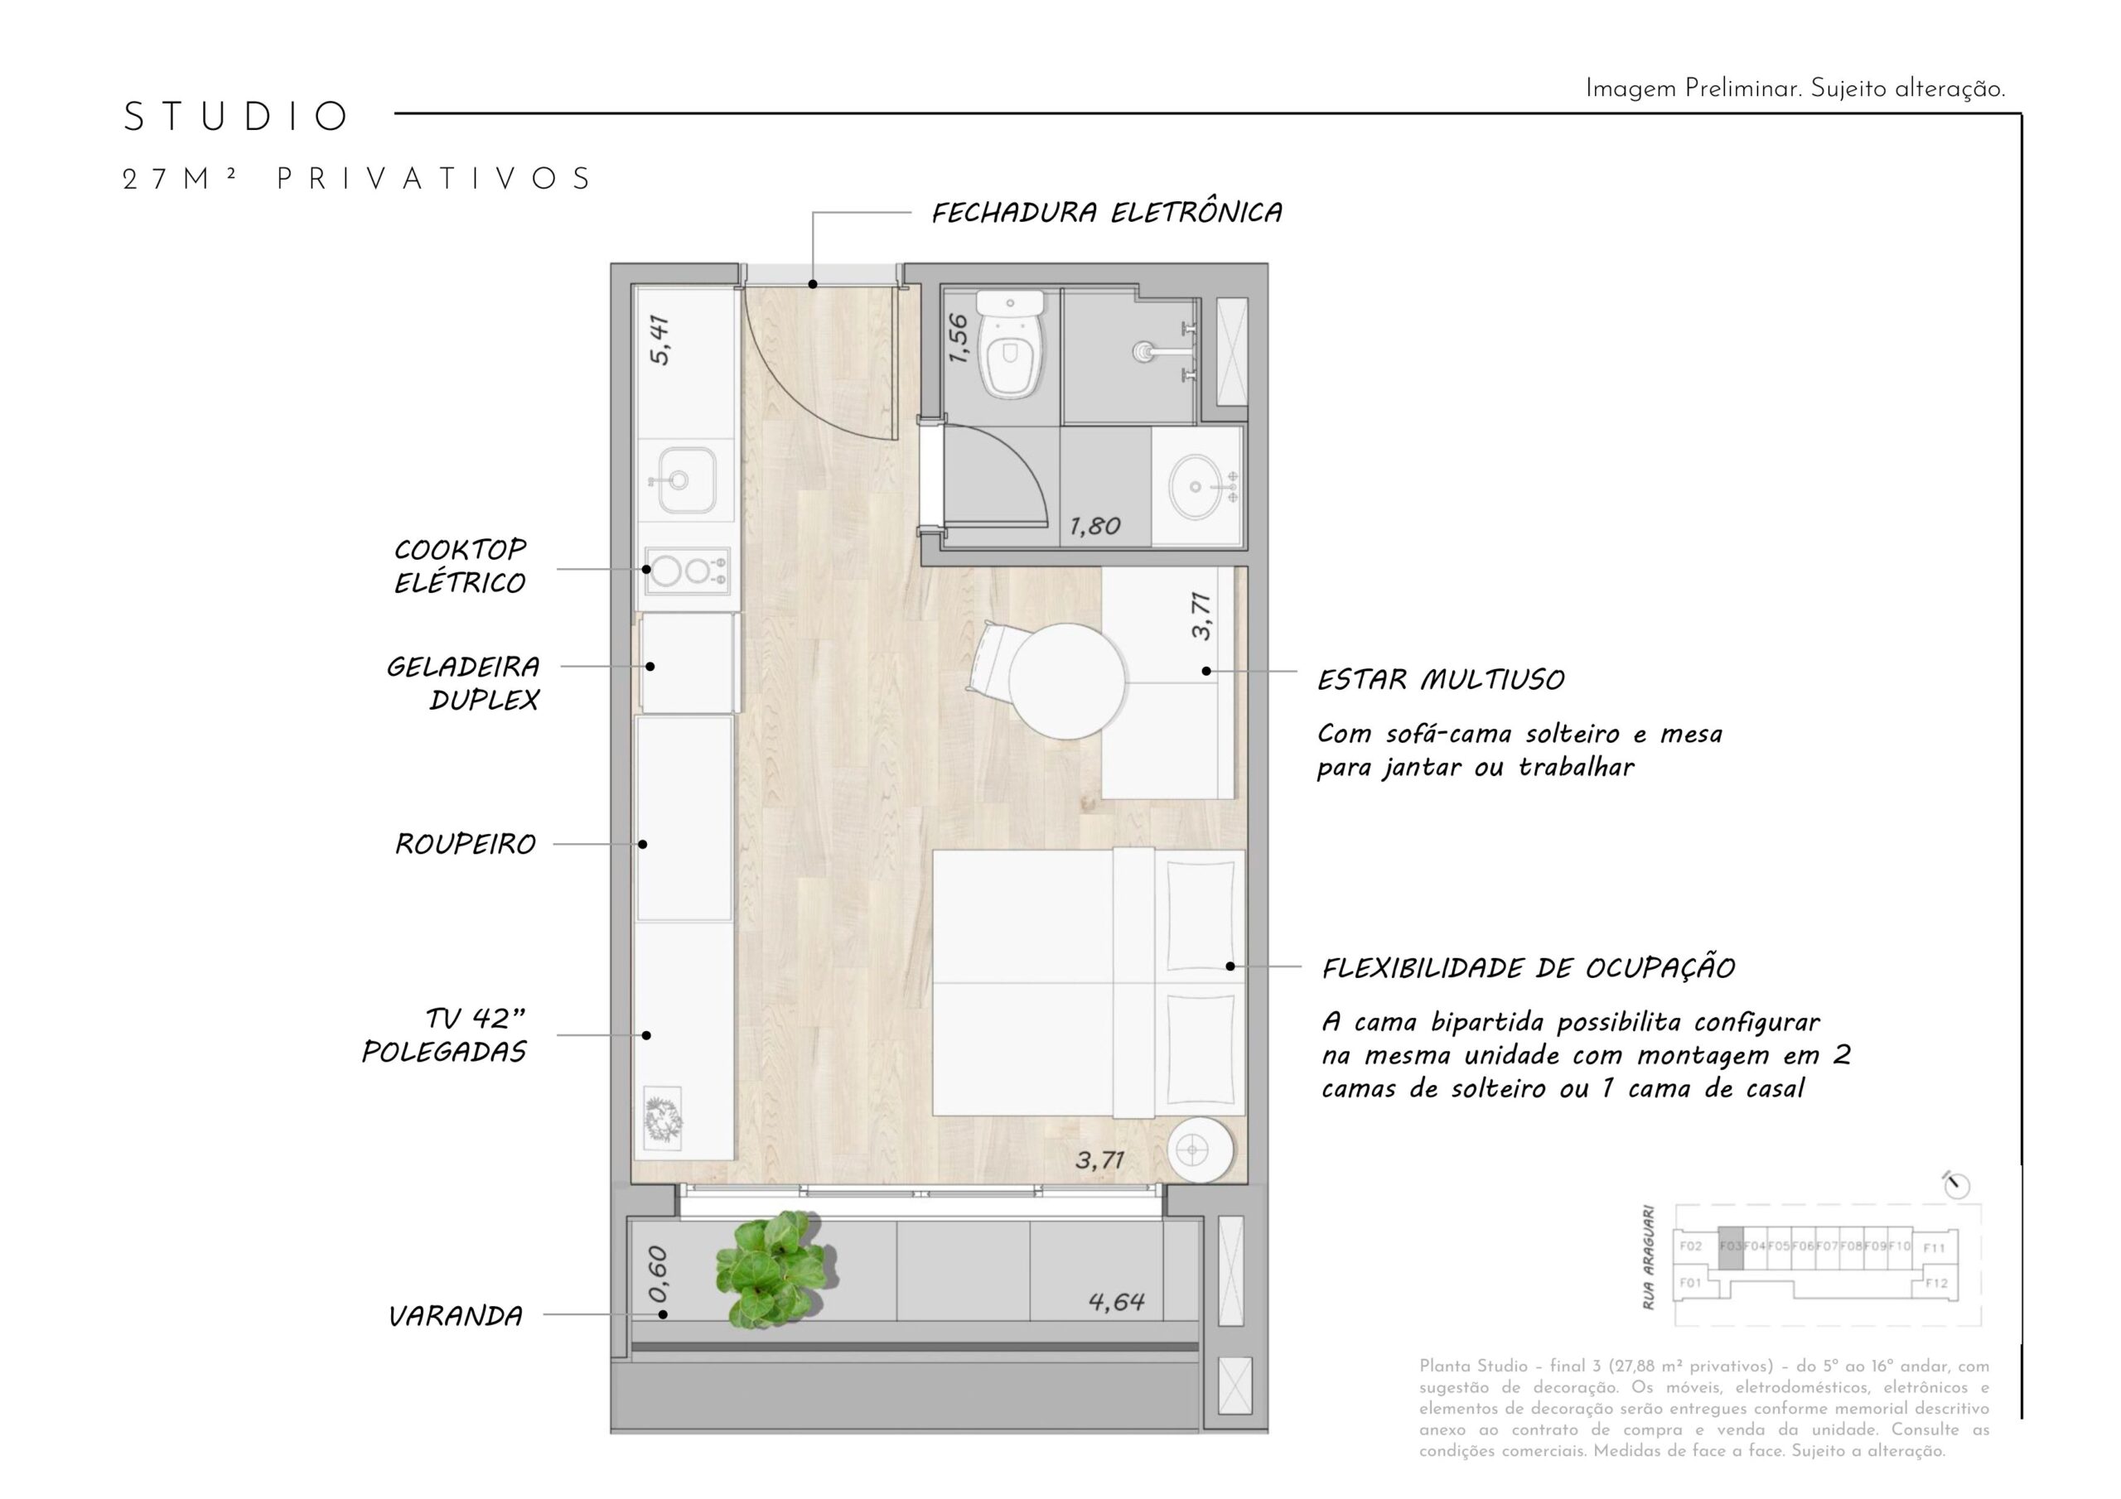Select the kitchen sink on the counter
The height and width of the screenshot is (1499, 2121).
[685, 480]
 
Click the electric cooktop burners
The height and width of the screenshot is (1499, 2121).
[685, 571]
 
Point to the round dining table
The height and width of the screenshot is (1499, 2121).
[1067, 680]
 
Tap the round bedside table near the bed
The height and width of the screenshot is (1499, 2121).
[1199, 1150]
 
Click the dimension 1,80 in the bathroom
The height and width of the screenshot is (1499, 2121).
[1094, 527]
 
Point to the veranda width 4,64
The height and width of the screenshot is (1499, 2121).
[1116, 1302]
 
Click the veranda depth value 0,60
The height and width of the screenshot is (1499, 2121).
[658, 1275]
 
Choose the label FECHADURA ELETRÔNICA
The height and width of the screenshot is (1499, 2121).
[1106, 214]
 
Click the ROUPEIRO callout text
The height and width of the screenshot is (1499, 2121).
[465, 844]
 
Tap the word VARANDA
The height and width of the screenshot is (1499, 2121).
[456, 1316]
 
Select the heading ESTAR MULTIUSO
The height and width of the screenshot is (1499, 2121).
[1440, 681]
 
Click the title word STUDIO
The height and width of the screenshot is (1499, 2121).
[235, 118]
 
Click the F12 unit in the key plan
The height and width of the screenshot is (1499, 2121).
[1935, 1283]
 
